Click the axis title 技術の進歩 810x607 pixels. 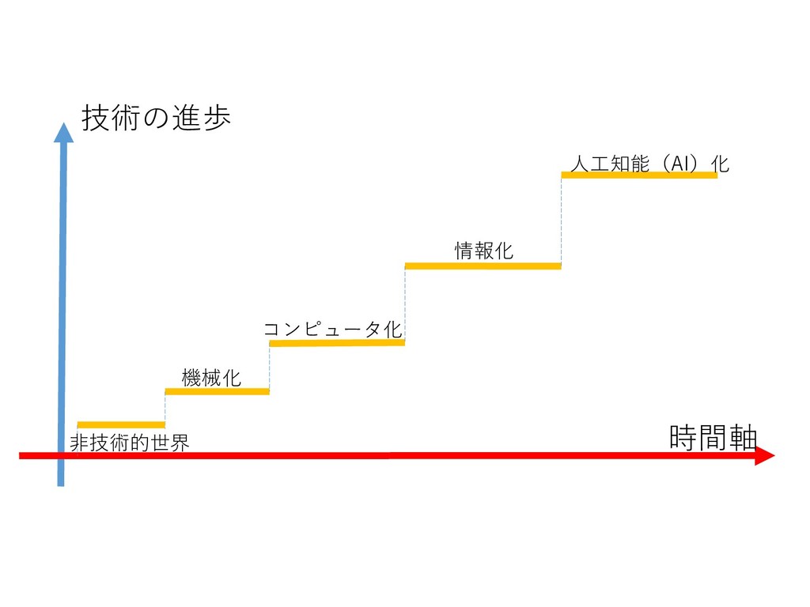point(156,119)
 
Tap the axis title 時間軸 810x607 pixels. point(713,437)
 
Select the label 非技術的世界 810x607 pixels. point(130,443)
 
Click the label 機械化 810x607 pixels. point(211,378)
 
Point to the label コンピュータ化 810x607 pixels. point(332,329)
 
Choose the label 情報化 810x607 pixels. point(483,251)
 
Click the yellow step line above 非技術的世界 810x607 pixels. point(121,424)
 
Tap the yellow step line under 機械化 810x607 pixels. point(217,391)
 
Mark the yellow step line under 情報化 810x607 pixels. point(483,266)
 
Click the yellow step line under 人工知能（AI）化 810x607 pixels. point(639,175)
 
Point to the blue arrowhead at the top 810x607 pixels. point(63,133)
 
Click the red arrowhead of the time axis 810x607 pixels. point(763,455)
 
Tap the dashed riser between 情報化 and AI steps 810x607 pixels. point(562,221)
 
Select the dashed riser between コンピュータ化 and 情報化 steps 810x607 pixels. point(405,304)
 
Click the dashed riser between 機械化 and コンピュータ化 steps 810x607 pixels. point(270,368)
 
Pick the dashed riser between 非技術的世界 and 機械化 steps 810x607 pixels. point(165,408)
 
